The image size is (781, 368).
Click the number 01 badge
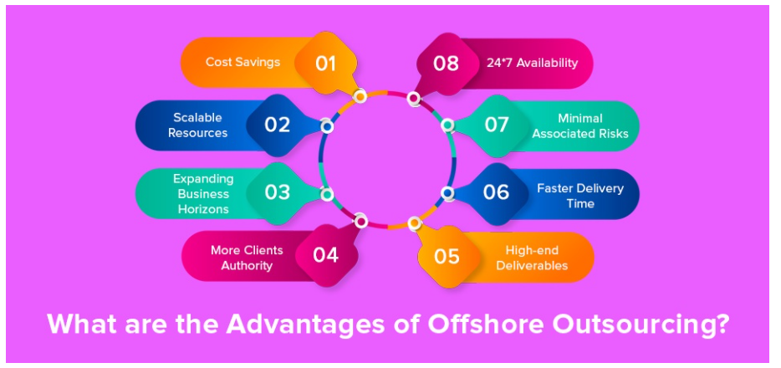click(x=325, y=64)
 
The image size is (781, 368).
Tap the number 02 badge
click(x=277, y=125)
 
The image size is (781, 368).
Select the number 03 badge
click(x=277, y=192)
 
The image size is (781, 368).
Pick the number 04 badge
click(x=326, y=255)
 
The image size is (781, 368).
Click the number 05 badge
click(x=447, y=257)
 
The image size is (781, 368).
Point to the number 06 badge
click(x=496, y=192)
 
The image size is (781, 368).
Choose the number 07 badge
click(x=496, y=125)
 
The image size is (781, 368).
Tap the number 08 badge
click(x=446, y=64)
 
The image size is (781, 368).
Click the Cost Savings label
click(x=242, y=62)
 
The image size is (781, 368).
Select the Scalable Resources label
click(x=197, y=125)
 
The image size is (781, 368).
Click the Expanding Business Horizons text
click(x=203, y=194)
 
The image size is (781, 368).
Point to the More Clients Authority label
click(x=247, y=258)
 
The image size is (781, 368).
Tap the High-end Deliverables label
click(x=532, y=258)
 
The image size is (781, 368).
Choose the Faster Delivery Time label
click(x=580, y=196)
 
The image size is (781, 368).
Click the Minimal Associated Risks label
click(x=580, y=126)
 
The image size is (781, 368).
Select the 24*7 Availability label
click(x=532, y=63)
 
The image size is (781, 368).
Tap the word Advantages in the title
click(x=305, y=324)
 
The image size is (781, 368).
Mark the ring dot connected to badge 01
click(x=360, y=95)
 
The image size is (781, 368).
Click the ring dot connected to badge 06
click(x=447, y=193)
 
